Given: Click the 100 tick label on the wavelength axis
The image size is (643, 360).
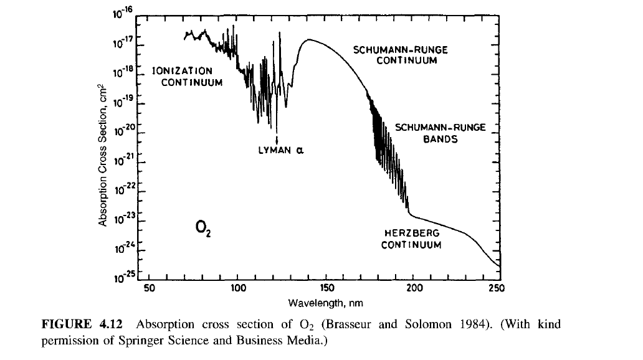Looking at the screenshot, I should coord(237,288).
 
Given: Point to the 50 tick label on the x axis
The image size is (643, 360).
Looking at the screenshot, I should coord(149,288).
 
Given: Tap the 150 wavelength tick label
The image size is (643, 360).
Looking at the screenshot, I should coord(327,288).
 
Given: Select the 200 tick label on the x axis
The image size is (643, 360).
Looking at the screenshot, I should coord(415,288).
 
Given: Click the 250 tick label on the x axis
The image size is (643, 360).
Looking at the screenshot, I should coord(497,288).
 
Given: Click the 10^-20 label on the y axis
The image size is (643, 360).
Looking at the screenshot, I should coord(121,130).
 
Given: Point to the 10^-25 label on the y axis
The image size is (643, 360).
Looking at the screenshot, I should coord(121,277).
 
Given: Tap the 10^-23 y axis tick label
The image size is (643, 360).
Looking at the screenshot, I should coord(121,218).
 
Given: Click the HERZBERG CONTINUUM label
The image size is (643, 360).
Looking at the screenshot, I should coord(411,239).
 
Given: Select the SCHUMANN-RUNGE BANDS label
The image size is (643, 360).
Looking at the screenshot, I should coord(440,133).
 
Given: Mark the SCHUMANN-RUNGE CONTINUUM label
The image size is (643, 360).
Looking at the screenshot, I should coord(400,55).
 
